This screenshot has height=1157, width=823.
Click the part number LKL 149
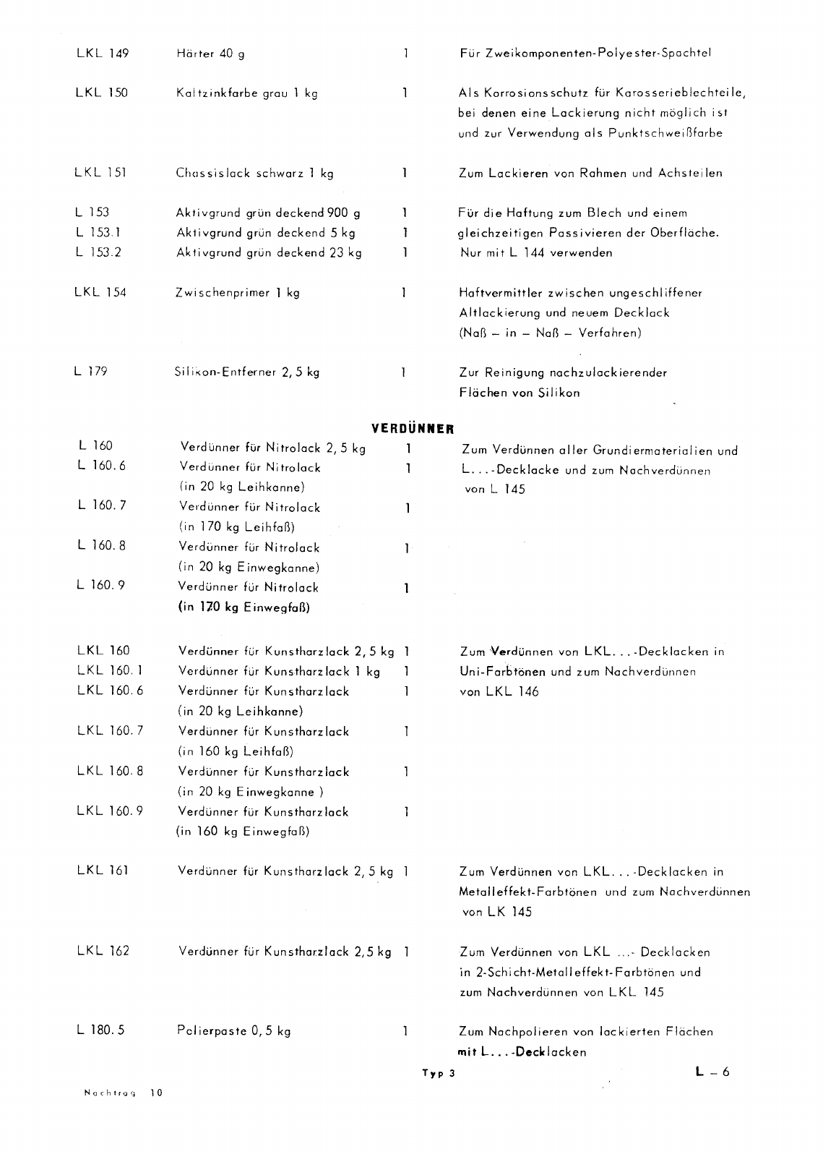tap(102, 54)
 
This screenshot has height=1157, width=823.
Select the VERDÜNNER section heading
tap(412, 428)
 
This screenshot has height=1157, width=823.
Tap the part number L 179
tap(90, 372)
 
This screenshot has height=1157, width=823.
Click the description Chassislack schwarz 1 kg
tap(254, 174)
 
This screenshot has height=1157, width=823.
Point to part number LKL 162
tap(103, 952)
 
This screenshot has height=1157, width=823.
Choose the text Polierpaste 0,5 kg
tap(234, 1031)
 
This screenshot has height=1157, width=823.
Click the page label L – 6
tap(712, 1072)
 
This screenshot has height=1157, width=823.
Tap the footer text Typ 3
tap(439, 1074)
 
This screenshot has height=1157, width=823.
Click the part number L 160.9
tap(101, 586)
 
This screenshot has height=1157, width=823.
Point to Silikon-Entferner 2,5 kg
tap(247, 373)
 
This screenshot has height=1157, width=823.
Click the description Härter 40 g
tap(210, 54)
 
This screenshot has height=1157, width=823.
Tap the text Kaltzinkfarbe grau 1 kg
tap(247, 93)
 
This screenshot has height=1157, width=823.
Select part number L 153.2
tap(100, 253)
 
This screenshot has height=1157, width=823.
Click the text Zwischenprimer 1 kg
tap(238, 293)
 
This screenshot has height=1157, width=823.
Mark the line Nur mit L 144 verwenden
tap(536, 253)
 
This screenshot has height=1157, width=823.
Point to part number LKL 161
tap(103, 871)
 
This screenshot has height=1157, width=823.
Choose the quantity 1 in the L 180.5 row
tap(405, 1031)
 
